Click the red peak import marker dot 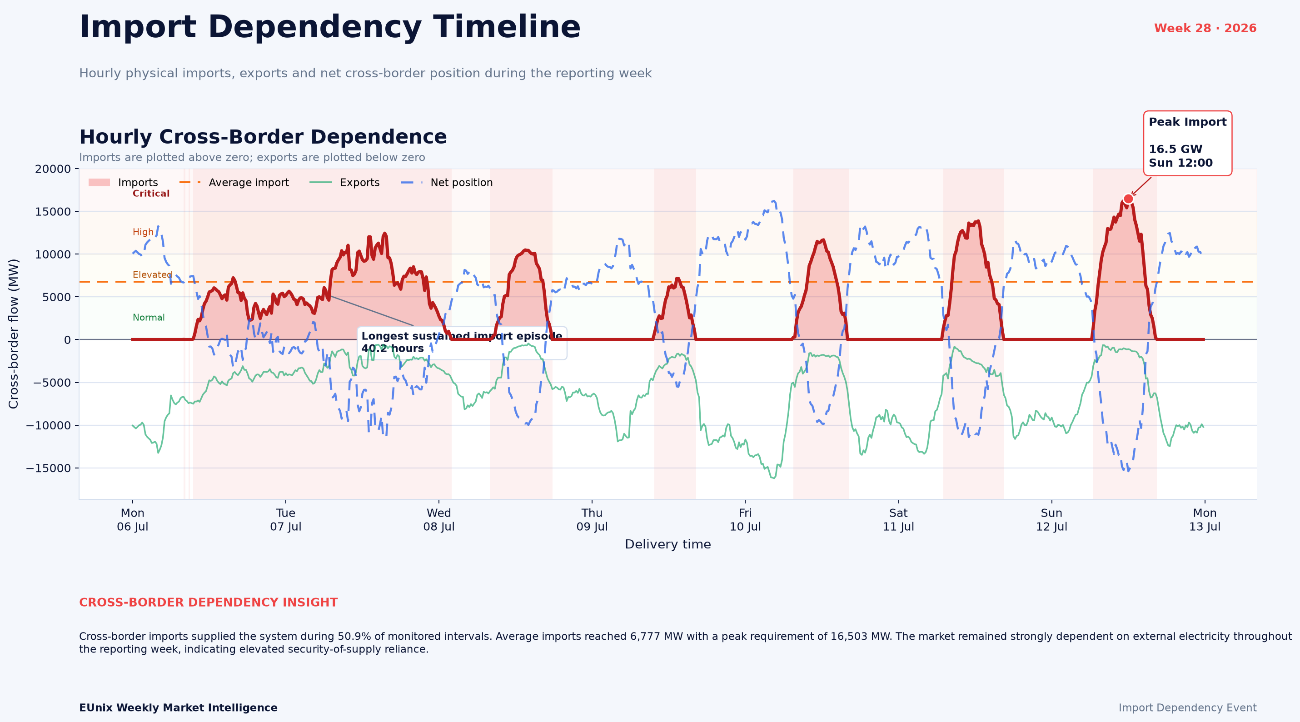pos(1128,199)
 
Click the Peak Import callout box pos(1187,143)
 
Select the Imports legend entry pos(123,183)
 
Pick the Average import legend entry pos(234,183)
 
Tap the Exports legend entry pos(345,183)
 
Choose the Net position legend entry pos(447,183)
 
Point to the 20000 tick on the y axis pos(53,169)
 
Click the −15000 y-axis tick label pos(49,468)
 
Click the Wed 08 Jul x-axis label pos(439,520)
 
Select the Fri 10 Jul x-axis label pos(745,520)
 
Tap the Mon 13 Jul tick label pos(1205,520)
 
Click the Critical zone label pos(151,194)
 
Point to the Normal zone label pos(149,317)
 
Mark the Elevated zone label pos(152,275)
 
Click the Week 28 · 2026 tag pos(1205,28)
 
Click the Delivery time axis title pos(667,544)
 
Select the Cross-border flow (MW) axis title pos(13,334)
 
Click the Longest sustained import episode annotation pos(462,343)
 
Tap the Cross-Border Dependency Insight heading pos(209,602)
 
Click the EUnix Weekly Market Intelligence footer pos(178,708)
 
